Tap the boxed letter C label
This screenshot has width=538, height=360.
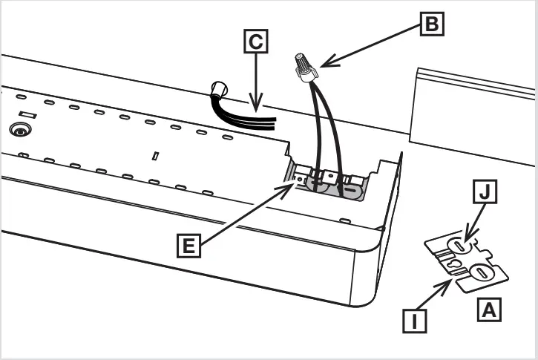(255, 42)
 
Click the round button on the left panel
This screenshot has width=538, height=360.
(16, 129)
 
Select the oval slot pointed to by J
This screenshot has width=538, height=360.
(462, 245)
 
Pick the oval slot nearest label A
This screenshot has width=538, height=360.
(482, 274)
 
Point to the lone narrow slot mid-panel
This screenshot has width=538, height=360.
(156, 157)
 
